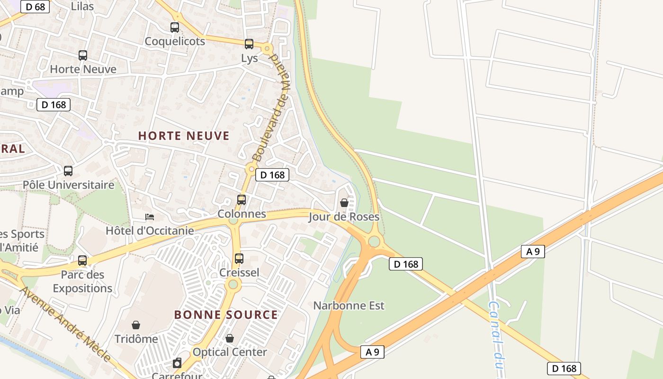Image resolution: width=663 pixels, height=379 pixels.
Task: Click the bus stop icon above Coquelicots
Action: point(175,27)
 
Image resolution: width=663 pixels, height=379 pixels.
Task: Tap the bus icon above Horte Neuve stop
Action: point(83,55)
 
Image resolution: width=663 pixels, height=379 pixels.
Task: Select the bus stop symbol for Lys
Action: point(249,44)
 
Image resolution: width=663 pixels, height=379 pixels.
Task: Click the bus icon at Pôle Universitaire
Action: point(68,171)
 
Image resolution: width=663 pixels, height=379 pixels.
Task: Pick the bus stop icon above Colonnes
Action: point(242,200)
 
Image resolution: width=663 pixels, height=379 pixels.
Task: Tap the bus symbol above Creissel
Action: point(239,259)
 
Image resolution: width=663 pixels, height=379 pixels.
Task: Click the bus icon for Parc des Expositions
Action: point(82,260)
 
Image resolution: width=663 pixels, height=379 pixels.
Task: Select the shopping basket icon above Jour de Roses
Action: point(344,203)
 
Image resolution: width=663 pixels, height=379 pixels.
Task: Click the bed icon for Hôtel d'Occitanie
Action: point(150,217)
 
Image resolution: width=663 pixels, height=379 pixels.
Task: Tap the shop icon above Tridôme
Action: point(136,325)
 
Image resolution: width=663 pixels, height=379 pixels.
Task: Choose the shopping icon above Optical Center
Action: point(230,338)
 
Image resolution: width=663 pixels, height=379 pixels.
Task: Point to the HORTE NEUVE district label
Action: point(184,136)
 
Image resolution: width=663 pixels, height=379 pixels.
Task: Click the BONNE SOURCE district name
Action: point(226,315)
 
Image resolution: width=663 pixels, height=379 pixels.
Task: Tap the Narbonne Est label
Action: point(349,306)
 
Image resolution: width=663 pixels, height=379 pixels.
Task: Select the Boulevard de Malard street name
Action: point(266,108)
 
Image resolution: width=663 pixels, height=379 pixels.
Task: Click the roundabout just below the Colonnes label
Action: point(233,221)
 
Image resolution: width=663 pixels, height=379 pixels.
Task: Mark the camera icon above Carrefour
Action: point(177,363)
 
